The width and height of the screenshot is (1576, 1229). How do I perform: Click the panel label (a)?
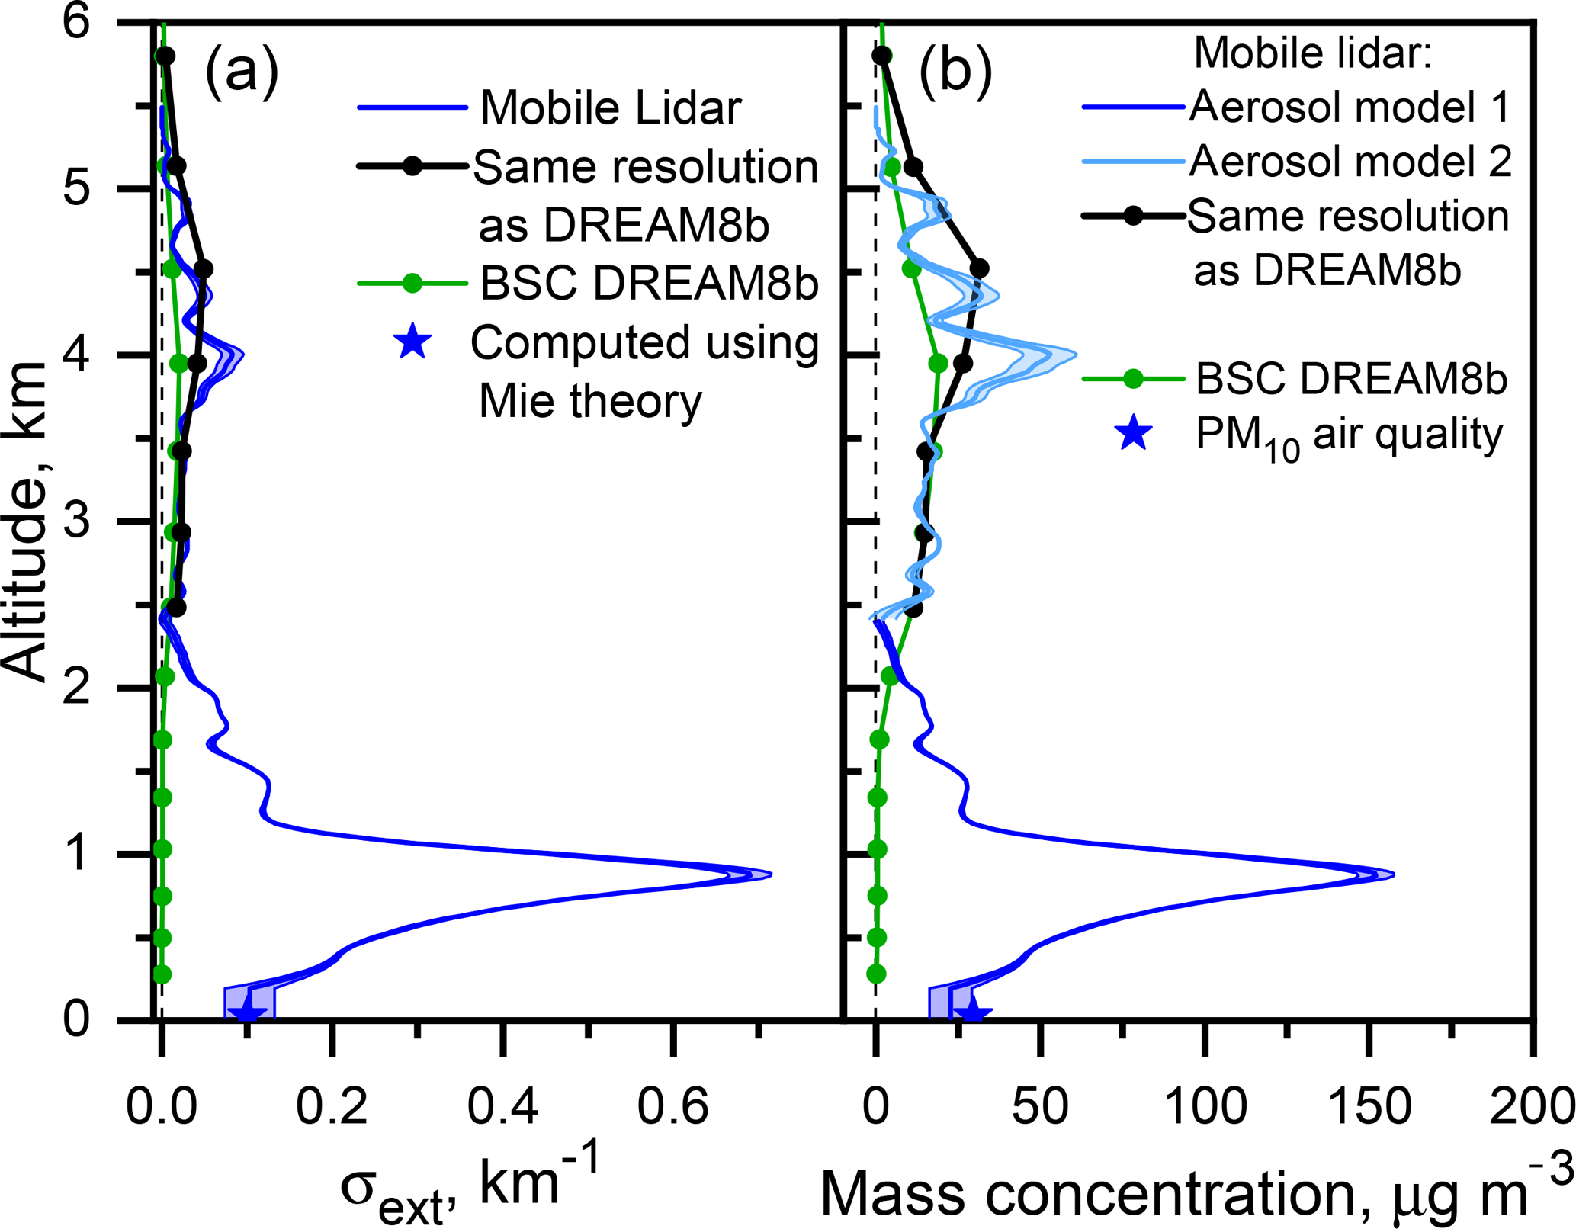[x=242, y=71]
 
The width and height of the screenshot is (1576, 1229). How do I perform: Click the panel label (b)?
[x=955, y=71]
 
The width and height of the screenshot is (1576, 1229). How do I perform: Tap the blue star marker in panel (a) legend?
[x=412, y=342]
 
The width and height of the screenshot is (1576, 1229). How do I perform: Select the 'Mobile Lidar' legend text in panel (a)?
[x=611, y=107]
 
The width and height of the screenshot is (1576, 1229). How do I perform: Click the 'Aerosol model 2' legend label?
[x=1350, y=162]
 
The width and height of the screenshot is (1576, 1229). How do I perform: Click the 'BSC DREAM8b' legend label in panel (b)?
[x=1351, y=378]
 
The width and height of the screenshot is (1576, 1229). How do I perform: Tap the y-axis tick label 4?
[x=76, y=355]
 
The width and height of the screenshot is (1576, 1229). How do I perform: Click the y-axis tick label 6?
[x=76, y=23]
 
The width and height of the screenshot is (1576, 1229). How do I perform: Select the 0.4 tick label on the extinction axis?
[x=502, y=1106]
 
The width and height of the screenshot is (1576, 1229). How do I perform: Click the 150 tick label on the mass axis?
[x=1370, y=1106]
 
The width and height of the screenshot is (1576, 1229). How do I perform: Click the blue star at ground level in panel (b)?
[x=973, y=1012]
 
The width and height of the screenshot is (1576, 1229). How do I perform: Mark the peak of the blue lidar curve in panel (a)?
[x=771, y=874]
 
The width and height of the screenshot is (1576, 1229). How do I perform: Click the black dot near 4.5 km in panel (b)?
[x=980, y=268]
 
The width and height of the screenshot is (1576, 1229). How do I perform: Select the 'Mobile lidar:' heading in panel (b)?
[x=1313, y=53]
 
